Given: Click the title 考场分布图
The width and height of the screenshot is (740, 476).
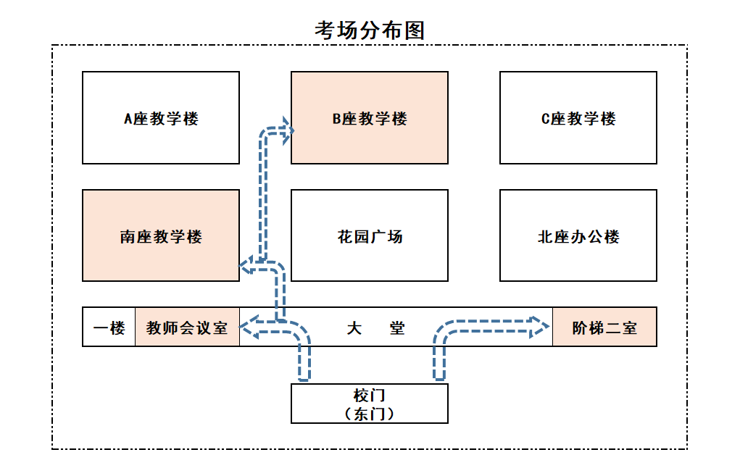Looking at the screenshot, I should (x=370, y=30).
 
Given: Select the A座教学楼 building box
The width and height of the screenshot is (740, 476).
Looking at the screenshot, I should (x=160, y=118).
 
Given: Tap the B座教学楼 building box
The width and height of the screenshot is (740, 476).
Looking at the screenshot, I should (x=370, y=118).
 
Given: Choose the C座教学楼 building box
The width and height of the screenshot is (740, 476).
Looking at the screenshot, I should (x=578, y=118).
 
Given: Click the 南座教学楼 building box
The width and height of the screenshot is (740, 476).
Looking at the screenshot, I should (x=160, y=236).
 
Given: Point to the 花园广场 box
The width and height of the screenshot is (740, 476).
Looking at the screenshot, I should (x=370, y=236).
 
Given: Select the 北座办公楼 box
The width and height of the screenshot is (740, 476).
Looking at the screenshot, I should (x=578, y=236).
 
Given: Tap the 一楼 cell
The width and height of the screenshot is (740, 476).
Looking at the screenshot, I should (x=109, y=327).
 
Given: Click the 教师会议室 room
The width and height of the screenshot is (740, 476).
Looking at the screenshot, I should (x=187, y=327).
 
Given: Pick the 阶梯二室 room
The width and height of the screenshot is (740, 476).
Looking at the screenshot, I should (x=604, y=327).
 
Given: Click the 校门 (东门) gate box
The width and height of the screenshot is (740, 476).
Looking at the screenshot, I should (x=370, y=404).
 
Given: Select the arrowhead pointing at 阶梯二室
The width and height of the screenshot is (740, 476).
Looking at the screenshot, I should (x=540, y=327).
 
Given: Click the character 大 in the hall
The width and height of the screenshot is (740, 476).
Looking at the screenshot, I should (x=354, y=327).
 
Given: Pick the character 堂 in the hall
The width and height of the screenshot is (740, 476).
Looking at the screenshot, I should (x=397, y=327).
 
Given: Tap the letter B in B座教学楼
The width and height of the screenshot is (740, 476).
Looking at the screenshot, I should (x=337, y=119).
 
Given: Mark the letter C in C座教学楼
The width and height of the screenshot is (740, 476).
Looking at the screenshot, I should (x=546, y=119).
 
